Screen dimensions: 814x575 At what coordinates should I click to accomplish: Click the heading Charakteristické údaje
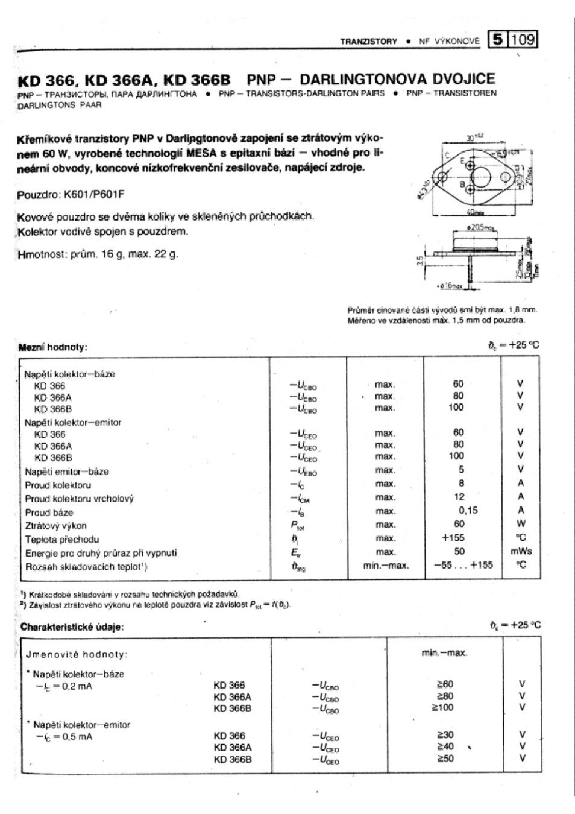72,627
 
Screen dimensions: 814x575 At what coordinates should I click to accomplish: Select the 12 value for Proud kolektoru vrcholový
459,497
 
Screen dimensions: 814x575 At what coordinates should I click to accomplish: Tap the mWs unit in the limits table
521,552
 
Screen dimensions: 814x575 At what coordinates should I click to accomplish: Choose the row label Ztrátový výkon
55,526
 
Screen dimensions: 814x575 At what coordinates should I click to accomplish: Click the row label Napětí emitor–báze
66,472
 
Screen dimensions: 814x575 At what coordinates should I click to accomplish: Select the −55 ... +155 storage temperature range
463,566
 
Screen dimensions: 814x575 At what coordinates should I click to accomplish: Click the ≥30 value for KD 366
445,735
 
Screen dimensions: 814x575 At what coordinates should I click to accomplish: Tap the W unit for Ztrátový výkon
521,524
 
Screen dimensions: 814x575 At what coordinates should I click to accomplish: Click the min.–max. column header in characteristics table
444,653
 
